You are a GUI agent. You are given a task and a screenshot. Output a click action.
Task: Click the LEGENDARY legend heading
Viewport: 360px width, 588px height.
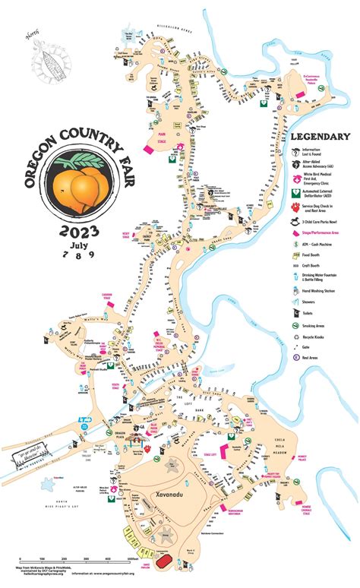tap(314, 138)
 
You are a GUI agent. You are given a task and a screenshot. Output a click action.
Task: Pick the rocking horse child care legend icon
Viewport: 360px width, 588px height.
tap(295, 220)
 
